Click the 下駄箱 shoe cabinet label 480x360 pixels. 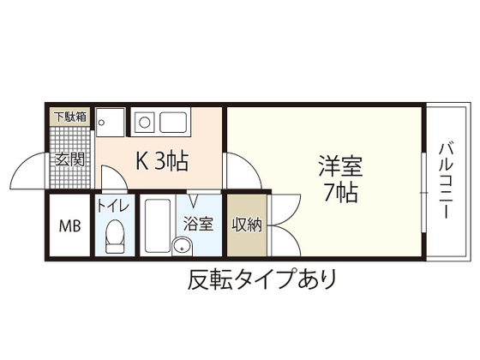click(x=70, y=116)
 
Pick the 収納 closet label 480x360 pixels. click(x=247, y=225)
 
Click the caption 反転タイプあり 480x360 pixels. click(x=261, y=279)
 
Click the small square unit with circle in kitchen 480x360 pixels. click(x=110, y=122)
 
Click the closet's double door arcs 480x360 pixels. click(x=283, y=225)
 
